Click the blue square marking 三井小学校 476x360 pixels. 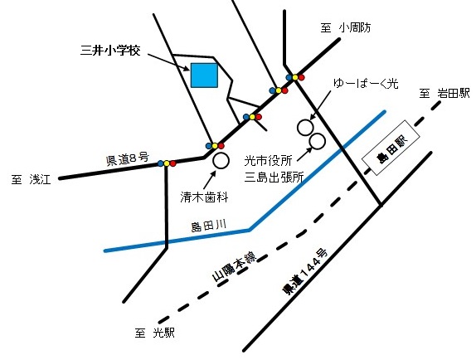(x=204, y=75)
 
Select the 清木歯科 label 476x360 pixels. (x=204, y=199)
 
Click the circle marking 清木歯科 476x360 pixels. (x=221, y=160)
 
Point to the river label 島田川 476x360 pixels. (x=207, y=225)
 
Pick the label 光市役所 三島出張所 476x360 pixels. (x=274, y=168)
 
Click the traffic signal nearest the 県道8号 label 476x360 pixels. (x=167, y=163)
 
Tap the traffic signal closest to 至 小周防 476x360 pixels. (x=296, y=77)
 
